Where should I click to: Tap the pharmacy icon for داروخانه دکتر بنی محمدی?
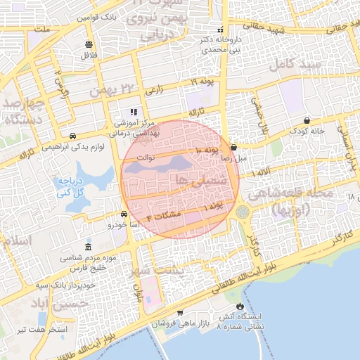pos(220,30)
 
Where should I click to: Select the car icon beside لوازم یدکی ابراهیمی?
pos(73,136)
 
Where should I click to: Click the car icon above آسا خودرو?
pos(124,214)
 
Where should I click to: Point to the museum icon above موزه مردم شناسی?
pos(87,247)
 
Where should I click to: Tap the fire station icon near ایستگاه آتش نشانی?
pos(241,307)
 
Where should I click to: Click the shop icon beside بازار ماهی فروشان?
pos(180,312)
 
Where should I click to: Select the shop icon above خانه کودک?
pos(307,120)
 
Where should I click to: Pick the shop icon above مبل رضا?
pos(233,147)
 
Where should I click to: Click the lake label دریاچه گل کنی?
pos(75,186)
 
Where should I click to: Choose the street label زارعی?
pos(153,91)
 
